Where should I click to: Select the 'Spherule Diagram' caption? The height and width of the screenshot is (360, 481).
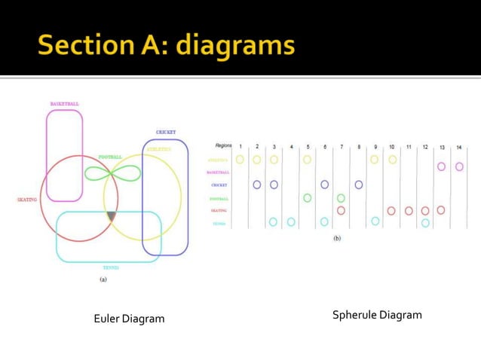377,315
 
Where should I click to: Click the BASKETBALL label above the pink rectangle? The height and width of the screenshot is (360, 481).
64,104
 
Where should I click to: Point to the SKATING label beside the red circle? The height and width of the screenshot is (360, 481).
27,200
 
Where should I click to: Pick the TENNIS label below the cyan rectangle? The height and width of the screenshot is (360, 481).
111,267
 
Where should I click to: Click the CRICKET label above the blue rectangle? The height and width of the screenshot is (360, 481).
166,132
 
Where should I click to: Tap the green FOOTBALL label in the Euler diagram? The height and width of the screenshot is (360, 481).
110,157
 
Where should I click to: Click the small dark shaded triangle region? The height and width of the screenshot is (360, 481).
112,217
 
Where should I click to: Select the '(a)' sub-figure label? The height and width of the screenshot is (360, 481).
103,279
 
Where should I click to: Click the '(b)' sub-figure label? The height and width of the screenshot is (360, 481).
337,239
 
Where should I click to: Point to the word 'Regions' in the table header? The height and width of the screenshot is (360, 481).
223,145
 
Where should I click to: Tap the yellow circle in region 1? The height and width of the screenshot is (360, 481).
240,160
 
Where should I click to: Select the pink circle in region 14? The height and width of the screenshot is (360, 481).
459,166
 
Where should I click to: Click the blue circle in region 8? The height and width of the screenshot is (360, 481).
359,184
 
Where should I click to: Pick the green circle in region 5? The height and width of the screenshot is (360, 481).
307,198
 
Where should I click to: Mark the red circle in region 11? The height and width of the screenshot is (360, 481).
409,211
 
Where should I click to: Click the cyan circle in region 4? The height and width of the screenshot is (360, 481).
291,222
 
